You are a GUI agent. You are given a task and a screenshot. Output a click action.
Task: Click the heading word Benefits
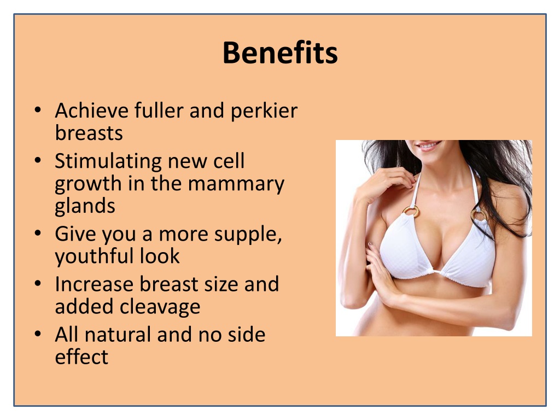click(x=280, y=53)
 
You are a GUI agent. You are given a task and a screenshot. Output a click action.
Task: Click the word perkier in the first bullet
click(x=264, y=110)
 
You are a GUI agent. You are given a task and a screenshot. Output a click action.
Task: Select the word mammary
click(x=236, y=185)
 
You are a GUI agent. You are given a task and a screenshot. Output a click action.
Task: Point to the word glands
click(x=85, y=206)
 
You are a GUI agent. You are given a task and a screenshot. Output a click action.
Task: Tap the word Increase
click(x=94, y=284)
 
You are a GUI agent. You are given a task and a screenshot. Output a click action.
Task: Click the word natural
click(x=118, y=335)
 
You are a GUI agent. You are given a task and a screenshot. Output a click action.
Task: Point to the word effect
click(x=81, y=357)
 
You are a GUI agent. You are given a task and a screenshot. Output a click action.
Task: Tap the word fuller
click(x=159, y=110)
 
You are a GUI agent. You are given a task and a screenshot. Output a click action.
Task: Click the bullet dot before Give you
click(x=38, y=233)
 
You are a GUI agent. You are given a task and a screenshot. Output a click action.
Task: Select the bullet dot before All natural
click(x=38, y=334)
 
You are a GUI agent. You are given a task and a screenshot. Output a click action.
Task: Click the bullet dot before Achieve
click(x=38, y=109)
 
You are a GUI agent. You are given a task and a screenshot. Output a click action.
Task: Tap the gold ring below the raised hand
click(x=411, y=211)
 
